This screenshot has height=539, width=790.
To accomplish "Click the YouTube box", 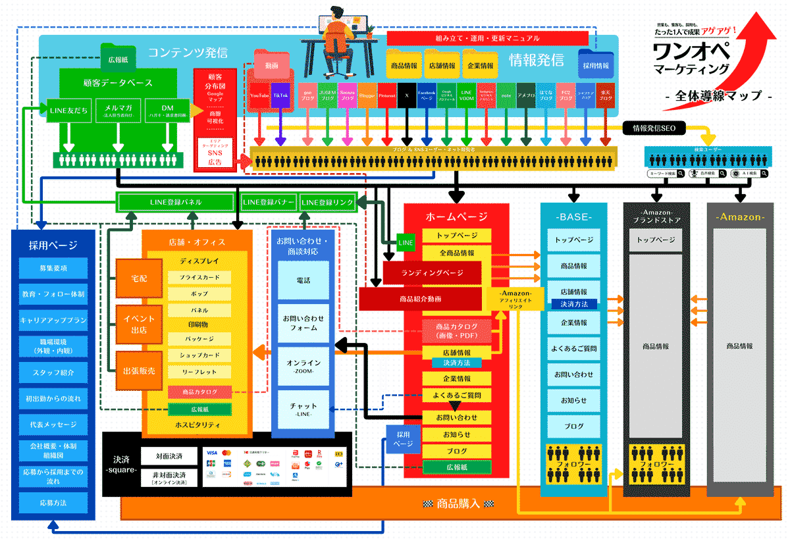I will (x=259, y=95).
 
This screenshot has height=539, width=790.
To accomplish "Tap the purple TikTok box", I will (x=280, y=95).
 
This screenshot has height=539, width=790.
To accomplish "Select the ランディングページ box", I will (x=432, y=273).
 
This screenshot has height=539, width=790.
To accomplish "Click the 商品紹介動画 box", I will (x=420, y=299).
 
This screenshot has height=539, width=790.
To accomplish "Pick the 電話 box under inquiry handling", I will (x=303, y=280).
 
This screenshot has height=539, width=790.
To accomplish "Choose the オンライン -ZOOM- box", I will (x=303, y=366).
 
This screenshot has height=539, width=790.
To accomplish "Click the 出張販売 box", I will (x=138, y=371).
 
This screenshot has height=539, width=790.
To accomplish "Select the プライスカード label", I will (x=199, y=278).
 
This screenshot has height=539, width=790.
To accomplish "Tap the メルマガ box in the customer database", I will (x=118, y=110).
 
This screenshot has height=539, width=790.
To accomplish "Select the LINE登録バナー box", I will (x=269, y=202).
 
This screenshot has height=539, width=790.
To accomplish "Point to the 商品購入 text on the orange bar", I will (x=458, y=504).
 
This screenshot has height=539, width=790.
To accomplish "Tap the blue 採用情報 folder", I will (x=596, y=63).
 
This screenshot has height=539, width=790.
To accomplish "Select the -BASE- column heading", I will (x=573, y=217).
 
